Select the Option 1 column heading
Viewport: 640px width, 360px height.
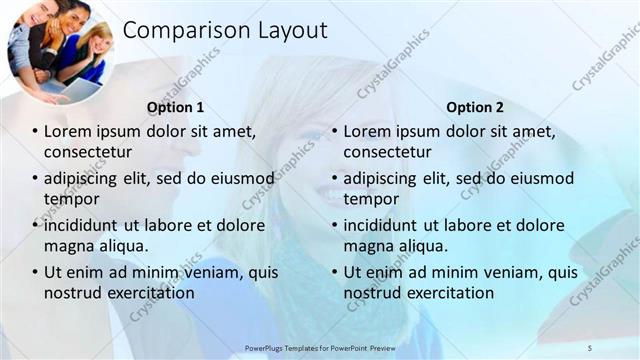(x=175, y=107)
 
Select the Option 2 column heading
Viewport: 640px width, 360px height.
(x=475, y=107)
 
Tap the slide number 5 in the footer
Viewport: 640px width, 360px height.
(x=589, y=347)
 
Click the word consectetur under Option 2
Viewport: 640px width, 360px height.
(x=388, y=152)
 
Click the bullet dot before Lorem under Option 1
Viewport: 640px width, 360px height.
(x=35, y=132)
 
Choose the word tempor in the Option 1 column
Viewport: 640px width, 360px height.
(x=71, y=199)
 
